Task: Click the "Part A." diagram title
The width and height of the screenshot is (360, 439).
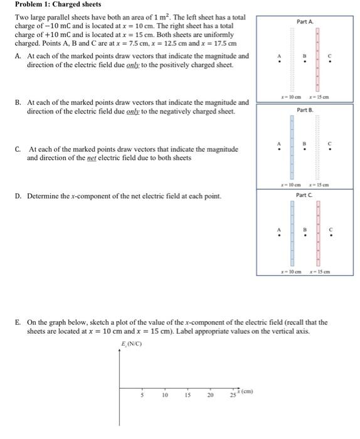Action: pyautogui.click(x=305, y=22)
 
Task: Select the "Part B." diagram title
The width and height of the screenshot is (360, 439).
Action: pyautogui.click(x=305, y=110)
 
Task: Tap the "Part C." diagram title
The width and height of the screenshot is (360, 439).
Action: pyautogui.click(x=304, y=195)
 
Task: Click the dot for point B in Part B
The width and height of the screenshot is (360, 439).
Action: pyautogui.click(x=305, y=149)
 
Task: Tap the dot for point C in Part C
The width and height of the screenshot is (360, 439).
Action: pyautogui.click(x=331, y=236)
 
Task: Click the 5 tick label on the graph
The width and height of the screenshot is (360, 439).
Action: pyautogui.click(x=142, y=396)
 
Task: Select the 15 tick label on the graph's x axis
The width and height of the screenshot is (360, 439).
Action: pyautogui.click(x=188, y=396)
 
